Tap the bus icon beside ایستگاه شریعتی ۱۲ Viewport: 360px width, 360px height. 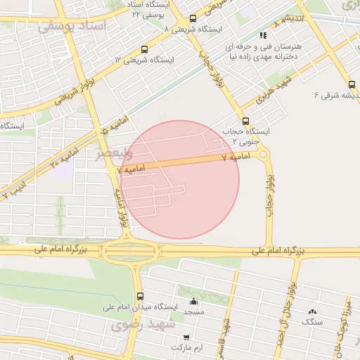(144, 49)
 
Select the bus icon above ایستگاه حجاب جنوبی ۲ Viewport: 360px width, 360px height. (245, 120)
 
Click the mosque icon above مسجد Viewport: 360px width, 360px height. (193, 301)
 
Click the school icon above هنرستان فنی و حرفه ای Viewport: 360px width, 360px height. (263, 34)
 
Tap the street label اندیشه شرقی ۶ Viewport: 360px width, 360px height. (334, 94)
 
